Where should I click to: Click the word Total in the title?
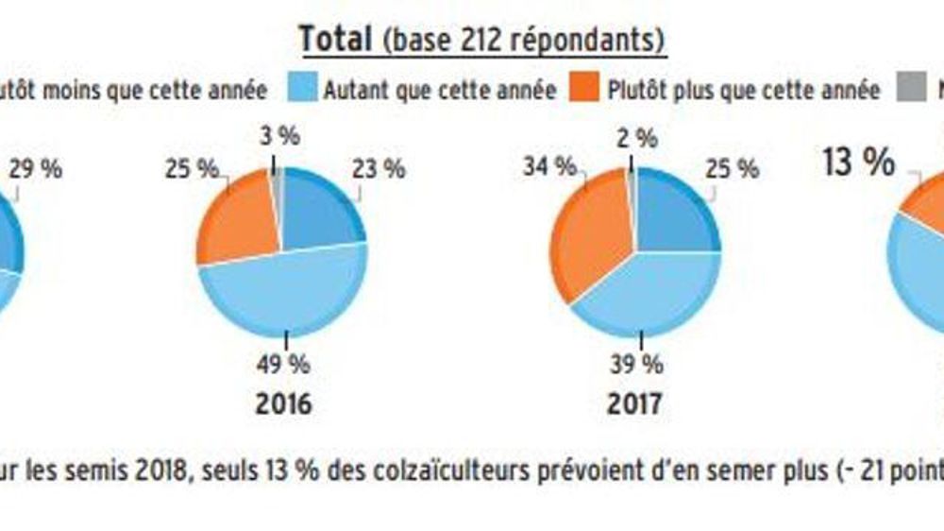point(336,40)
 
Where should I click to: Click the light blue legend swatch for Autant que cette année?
point(303,90)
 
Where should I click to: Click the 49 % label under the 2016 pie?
point(283,363)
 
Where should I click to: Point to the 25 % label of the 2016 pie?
point(192,169)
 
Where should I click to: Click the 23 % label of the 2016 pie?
point(380,169)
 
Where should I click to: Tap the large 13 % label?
point(857,163)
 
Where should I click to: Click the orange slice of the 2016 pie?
point(236,222)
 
